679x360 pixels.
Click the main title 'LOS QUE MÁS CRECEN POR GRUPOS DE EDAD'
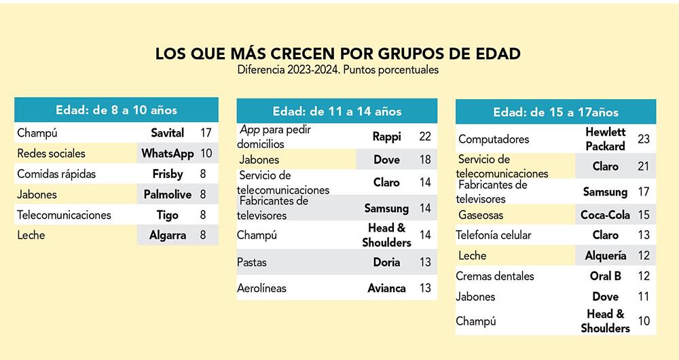338,54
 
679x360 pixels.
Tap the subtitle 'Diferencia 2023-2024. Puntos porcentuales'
338,69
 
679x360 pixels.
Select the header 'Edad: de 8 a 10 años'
116,109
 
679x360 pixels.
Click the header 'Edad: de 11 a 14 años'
337,111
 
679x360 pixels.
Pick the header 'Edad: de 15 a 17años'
555,112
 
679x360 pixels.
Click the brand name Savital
167,133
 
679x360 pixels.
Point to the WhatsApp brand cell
167,154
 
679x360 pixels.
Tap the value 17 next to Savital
206,133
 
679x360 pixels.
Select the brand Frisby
167,174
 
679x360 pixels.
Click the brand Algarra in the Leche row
167,236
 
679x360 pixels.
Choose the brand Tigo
167,215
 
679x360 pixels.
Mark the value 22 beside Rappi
425,137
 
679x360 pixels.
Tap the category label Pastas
252,262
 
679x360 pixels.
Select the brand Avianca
386,288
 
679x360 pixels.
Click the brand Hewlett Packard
605,139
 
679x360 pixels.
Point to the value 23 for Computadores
644,139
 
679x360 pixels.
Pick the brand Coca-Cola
605,215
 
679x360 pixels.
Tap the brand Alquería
605,256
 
